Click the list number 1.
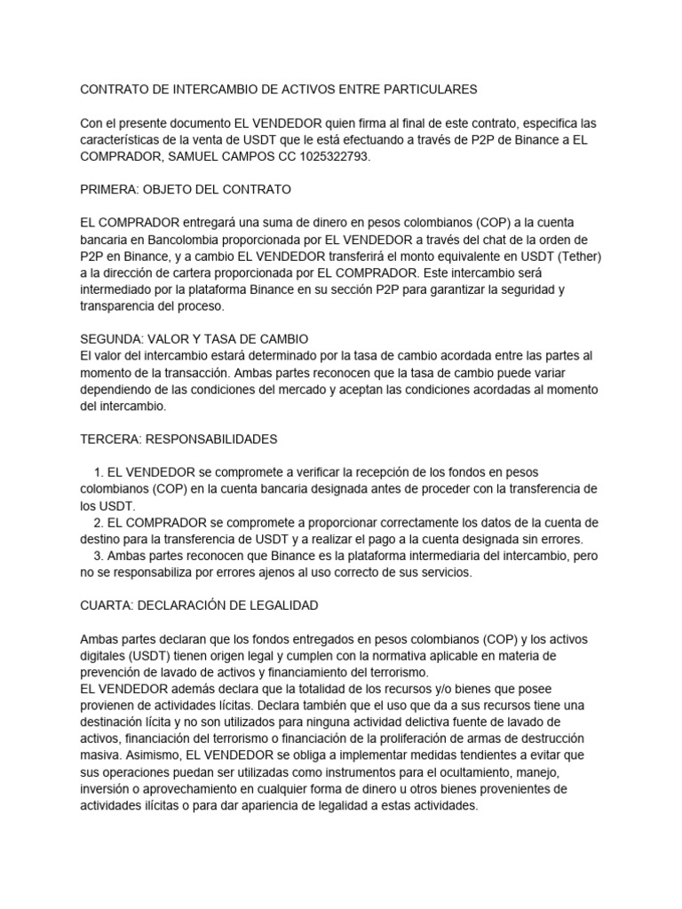(98, 472)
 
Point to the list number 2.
(98, 522)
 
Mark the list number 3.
(98, 556)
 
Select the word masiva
(99, 755)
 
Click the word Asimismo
(149, 755)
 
